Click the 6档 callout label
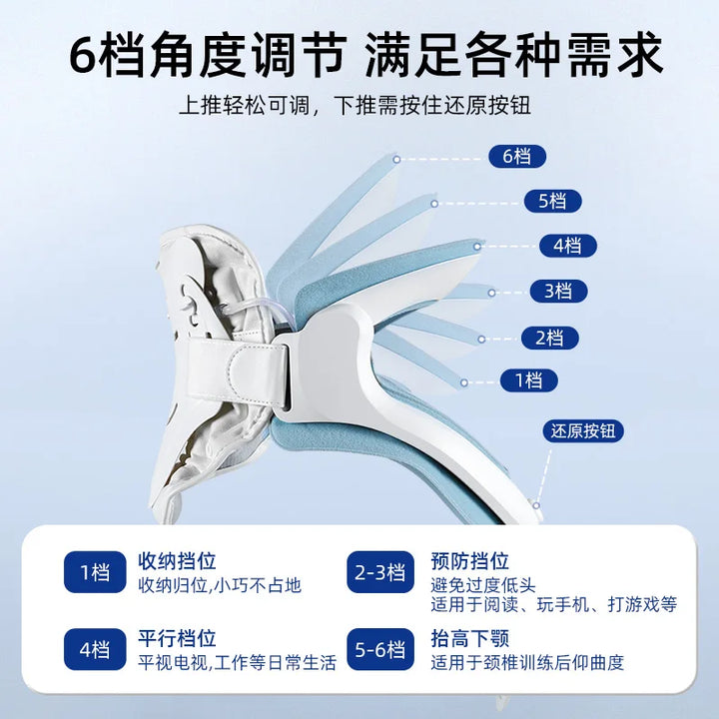(x=517, y=157)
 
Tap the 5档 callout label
(x=552, y=201)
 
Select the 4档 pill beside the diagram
(x=567, y=246)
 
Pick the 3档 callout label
(x=558, y=291)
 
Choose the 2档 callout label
(x=550, y=338)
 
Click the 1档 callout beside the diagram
(x=528, y=380)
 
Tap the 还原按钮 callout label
(x=583, y=430)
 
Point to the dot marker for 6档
(x=396, y=159)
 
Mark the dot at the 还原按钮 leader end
(x=536, y=505)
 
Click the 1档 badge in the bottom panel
(x=95, y=572)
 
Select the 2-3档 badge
(x=380, y=572)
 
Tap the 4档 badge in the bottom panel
(x=95, y=649)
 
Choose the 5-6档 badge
(x=380, y=649)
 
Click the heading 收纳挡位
(x=177, y=561)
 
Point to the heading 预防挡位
(x=469, y=561)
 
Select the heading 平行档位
(x=177, y=638)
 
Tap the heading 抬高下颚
(x=469, y=638)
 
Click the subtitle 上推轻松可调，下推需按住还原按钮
(x=355, y=106)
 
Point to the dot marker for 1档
(x=464, y=382)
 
